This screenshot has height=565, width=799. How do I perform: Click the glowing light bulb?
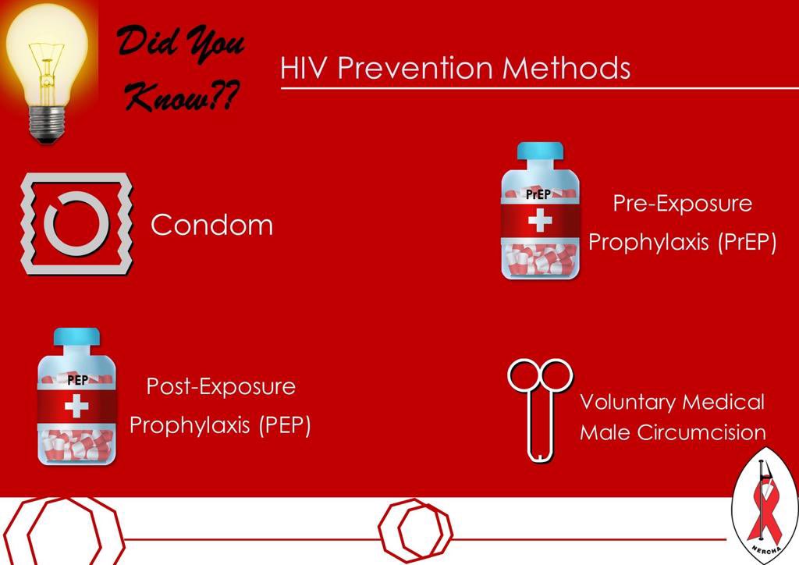pyautogui.click(x=47, y=59)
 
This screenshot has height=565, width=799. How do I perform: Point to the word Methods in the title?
pyautogui.click(x=566, y=68)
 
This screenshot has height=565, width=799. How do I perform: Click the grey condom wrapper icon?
pyautogui.click(x=76, y=224)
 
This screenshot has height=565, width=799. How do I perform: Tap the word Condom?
pyautogui.click(x=211, y=226)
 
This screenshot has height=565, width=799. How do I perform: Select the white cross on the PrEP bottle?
pyautogui.click(x=539, y=221)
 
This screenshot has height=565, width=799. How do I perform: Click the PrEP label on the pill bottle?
pyautogui.click(x=538, y=194)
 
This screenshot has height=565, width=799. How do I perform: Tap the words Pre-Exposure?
pyautogui.click(x=682, y=204)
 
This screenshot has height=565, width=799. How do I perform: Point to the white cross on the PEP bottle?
pyautogui.click(x=76, y=407)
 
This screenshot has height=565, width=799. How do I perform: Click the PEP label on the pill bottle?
pyautogui.click(x=77, y=381)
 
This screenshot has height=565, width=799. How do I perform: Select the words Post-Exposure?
pyautogui.click(x=222, y=386)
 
